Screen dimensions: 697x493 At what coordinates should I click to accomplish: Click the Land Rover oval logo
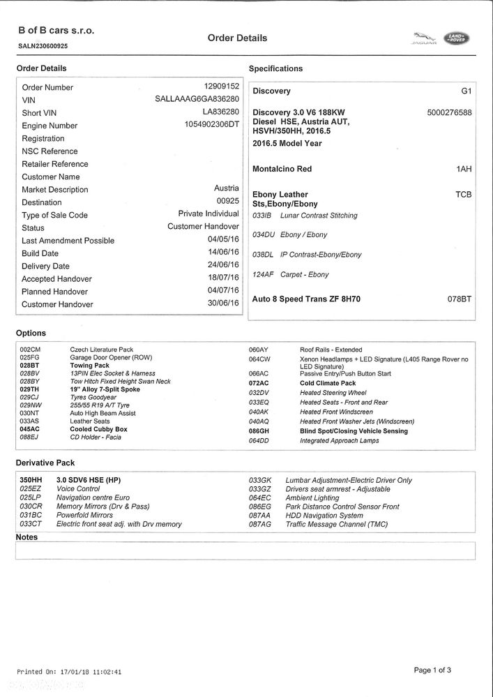(x=457, y=39)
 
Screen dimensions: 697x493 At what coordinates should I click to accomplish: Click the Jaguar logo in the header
(x=423, y=39)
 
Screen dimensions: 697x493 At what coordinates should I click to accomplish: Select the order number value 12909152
(x=221, y=87)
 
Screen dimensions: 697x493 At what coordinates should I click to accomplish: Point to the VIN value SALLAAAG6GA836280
(x=197, y=99)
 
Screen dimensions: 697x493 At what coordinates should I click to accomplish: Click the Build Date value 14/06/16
(x=223, y=253)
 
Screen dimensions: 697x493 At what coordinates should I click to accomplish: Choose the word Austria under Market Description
(x=226, y=188)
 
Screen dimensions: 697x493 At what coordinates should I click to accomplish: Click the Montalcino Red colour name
(x=282, y=169)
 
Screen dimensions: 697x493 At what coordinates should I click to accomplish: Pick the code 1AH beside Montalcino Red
(x=464, y=169)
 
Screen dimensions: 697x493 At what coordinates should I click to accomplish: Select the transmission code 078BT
(x=460, y=299)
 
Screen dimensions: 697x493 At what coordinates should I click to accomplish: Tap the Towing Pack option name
(x=89, y=366)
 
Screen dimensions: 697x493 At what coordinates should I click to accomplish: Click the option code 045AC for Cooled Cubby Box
(x=30, y=429)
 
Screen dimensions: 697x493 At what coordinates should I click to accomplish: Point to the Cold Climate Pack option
(x=328, y=383)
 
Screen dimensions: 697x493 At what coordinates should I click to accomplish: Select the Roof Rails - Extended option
(x=331, y=350)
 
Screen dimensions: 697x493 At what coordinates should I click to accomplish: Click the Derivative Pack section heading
(x=45, y=463)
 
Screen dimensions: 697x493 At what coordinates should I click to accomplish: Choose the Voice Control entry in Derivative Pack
(x=78, y=489)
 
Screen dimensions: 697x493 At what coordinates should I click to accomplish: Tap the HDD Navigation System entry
(x=324, y=516)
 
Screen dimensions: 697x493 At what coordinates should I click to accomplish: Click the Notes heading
(x=26, y=537)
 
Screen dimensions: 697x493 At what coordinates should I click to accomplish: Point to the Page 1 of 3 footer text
(x=432, y=670)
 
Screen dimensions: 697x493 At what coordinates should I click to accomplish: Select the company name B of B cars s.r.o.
(x=56, y=31)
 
